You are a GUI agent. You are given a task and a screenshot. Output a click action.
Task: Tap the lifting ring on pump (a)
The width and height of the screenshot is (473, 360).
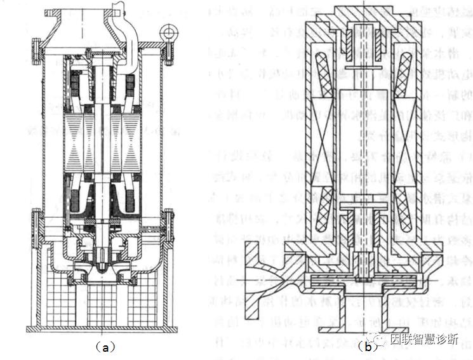[169, 30]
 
